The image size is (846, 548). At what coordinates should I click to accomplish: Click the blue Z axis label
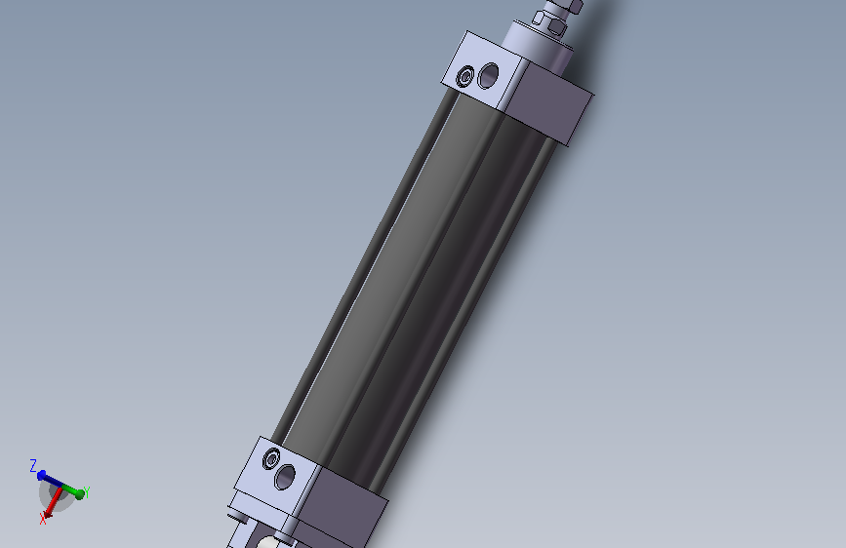tap(33, 465)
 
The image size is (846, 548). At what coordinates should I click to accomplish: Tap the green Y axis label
tap(86, 491)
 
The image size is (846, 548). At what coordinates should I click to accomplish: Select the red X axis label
tap(43, 519)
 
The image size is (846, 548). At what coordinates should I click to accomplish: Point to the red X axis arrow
tap(52, 502)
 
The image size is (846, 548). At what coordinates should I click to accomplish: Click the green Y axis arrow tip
tap(79, 493)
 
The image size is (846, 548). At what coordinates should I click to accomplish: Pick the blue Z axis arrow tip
tap(41, 475)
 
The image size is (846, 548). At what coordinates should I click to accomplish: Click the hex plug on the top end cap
tap(465, 77)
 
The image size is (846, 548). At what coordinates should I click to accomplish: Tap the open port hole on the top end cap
tap(488, 75)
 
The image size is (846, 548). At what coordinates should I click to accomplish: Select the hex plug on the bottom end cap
tap(271, 459)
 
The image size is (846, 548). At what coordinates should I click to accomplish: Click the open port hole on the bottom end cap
tap(285, 477)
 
